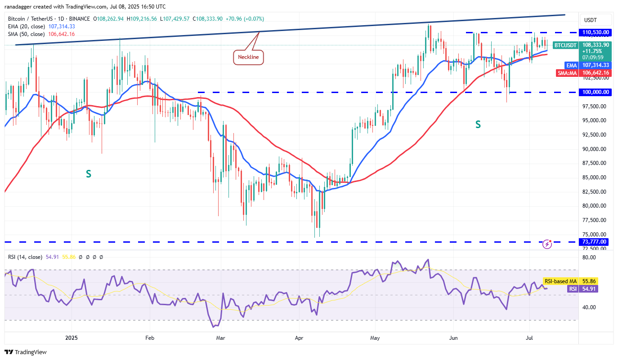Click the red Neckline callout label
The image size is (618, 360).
coord(248,57)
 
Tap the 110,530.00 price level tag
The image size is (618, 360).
coord(594,32)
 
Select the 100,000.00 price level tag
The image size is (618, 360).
coord(594,92)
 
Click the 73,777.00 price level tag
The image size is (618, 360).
coord(594,242)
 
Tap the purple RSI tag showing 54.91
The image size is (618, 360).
coord(573,289)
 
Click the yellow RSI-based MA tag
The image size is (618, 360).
coord(560,281)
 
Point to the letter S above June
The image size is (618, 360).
coord(478,124)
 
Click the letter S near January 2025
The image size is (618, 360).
coord(89,173)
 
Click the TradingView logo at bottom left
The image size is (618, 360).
coord(26,352)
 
